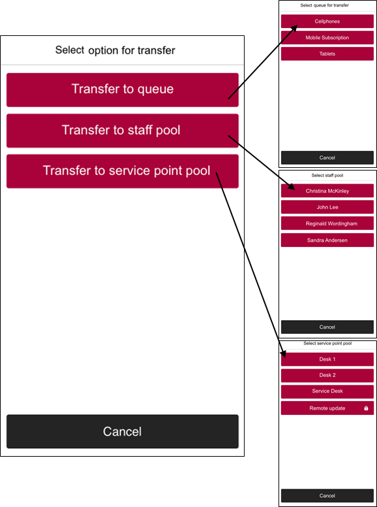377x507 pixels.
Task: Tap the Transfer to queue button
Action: (x=123, y=90)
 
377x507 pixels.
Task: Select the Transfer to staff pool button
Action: (x=123, y=131)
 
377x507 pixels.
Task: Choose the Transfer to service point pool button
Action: (x=123, y=171)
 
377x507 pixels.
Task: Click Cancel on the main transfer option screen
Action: (x=123, y=431)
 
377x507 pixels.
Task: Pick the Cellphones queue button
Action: (x=327, y=22)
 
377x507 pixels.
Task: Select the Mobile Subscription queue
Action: (x=327, y=37)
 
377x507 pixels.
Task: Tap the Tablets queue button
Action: (x=327, y=54)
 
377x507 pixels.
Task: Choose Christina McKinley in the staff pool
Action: (x=327, y=191)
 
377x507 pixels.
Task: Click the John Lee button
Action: (x=327, y=207)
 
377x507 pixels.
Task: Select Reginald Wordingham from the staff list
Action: (x=327, y=223)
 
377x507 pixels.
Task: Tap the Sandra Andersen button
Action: (x=327, y=240)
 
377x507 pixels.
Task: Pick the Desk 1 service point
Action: (x=327, y=359)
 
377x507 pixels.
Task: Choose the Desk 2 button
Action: (x=327, y=376)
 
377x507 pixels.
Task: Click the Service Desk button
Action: (x=327, y=391)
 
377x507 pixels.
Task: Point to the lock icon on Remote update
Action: (x=366, y=408)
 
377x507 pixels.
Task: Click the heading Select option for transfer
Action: (x=115, y=50)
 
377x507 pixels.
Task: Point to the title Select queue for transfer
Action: (x=325, y=5)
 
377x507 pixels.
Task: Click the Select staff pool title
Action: (x=327, y=175)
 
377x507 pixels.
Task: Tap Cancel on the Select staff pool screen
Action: (x=327, y=327)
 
